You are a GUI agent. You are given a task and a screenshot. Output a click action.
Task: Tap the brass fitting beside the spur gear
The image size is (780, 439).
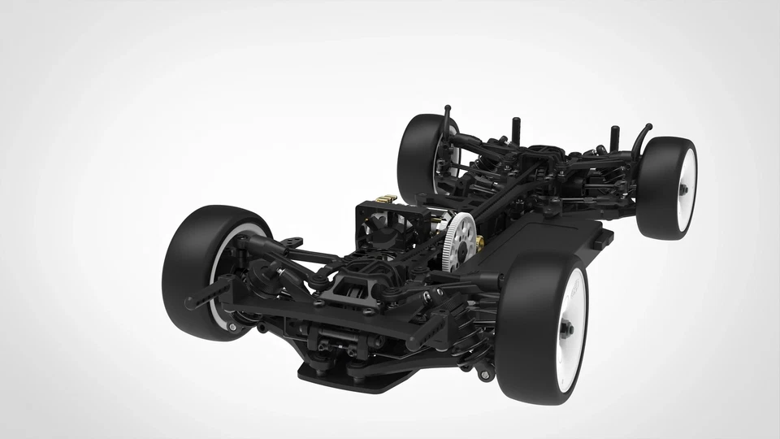[481, 241]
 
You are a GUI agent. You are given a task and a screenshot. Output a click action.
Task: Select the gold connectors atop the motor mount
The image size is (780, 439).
[388, 198]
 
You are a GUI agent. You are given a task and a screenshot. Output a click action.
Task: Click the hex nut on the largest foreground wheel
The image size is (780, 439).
[566, 328]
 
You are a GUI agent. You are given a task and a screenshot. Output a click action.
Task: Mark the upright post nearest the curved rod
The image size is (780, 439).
[614, 134]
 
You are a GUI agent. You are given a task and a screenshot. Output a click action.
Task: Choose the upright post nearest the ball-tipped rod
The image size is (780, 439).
[515, 129]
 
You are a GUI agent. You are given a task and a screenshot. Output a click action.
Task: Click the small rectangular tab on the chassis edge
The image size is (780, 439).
[602, 241]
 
